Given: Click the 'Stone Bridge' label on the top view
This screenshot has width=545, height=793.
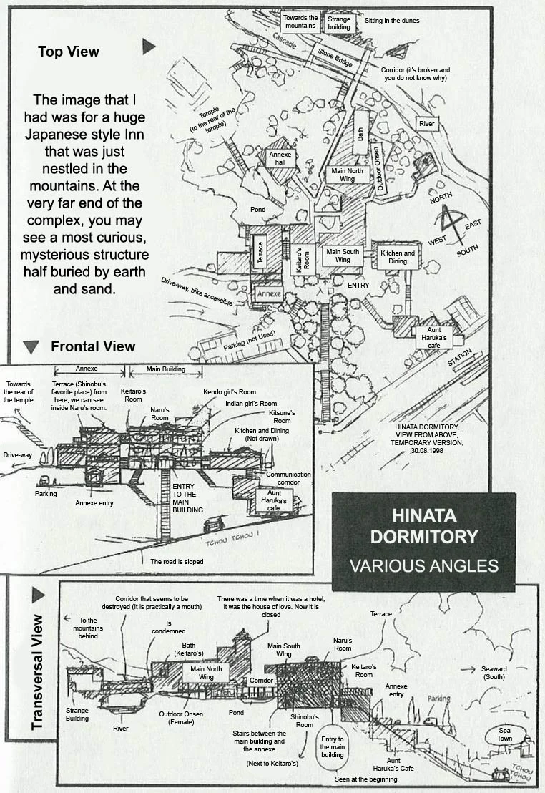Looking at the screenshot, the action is (x=335, y=56).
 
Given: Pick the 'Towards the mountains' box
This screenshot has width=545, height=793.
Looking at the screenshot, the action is (x=300, y=21).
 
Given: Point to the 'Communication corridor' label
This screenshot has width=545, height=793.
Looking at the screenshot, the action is (x=288, y=478).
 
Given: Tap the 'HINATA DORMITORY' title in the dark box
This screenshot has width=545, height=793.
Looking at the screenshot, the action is (x=423, y=526).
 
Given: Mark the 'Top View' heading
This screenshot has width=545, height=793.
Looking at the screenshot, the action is (x=69, y=52).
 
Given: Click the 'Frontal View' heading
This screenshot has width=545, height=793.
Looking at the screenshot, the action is (x=93, y=346).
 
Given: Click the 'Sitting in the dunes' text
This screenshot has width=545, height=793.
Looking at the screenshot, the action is (x=392, y=21).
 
